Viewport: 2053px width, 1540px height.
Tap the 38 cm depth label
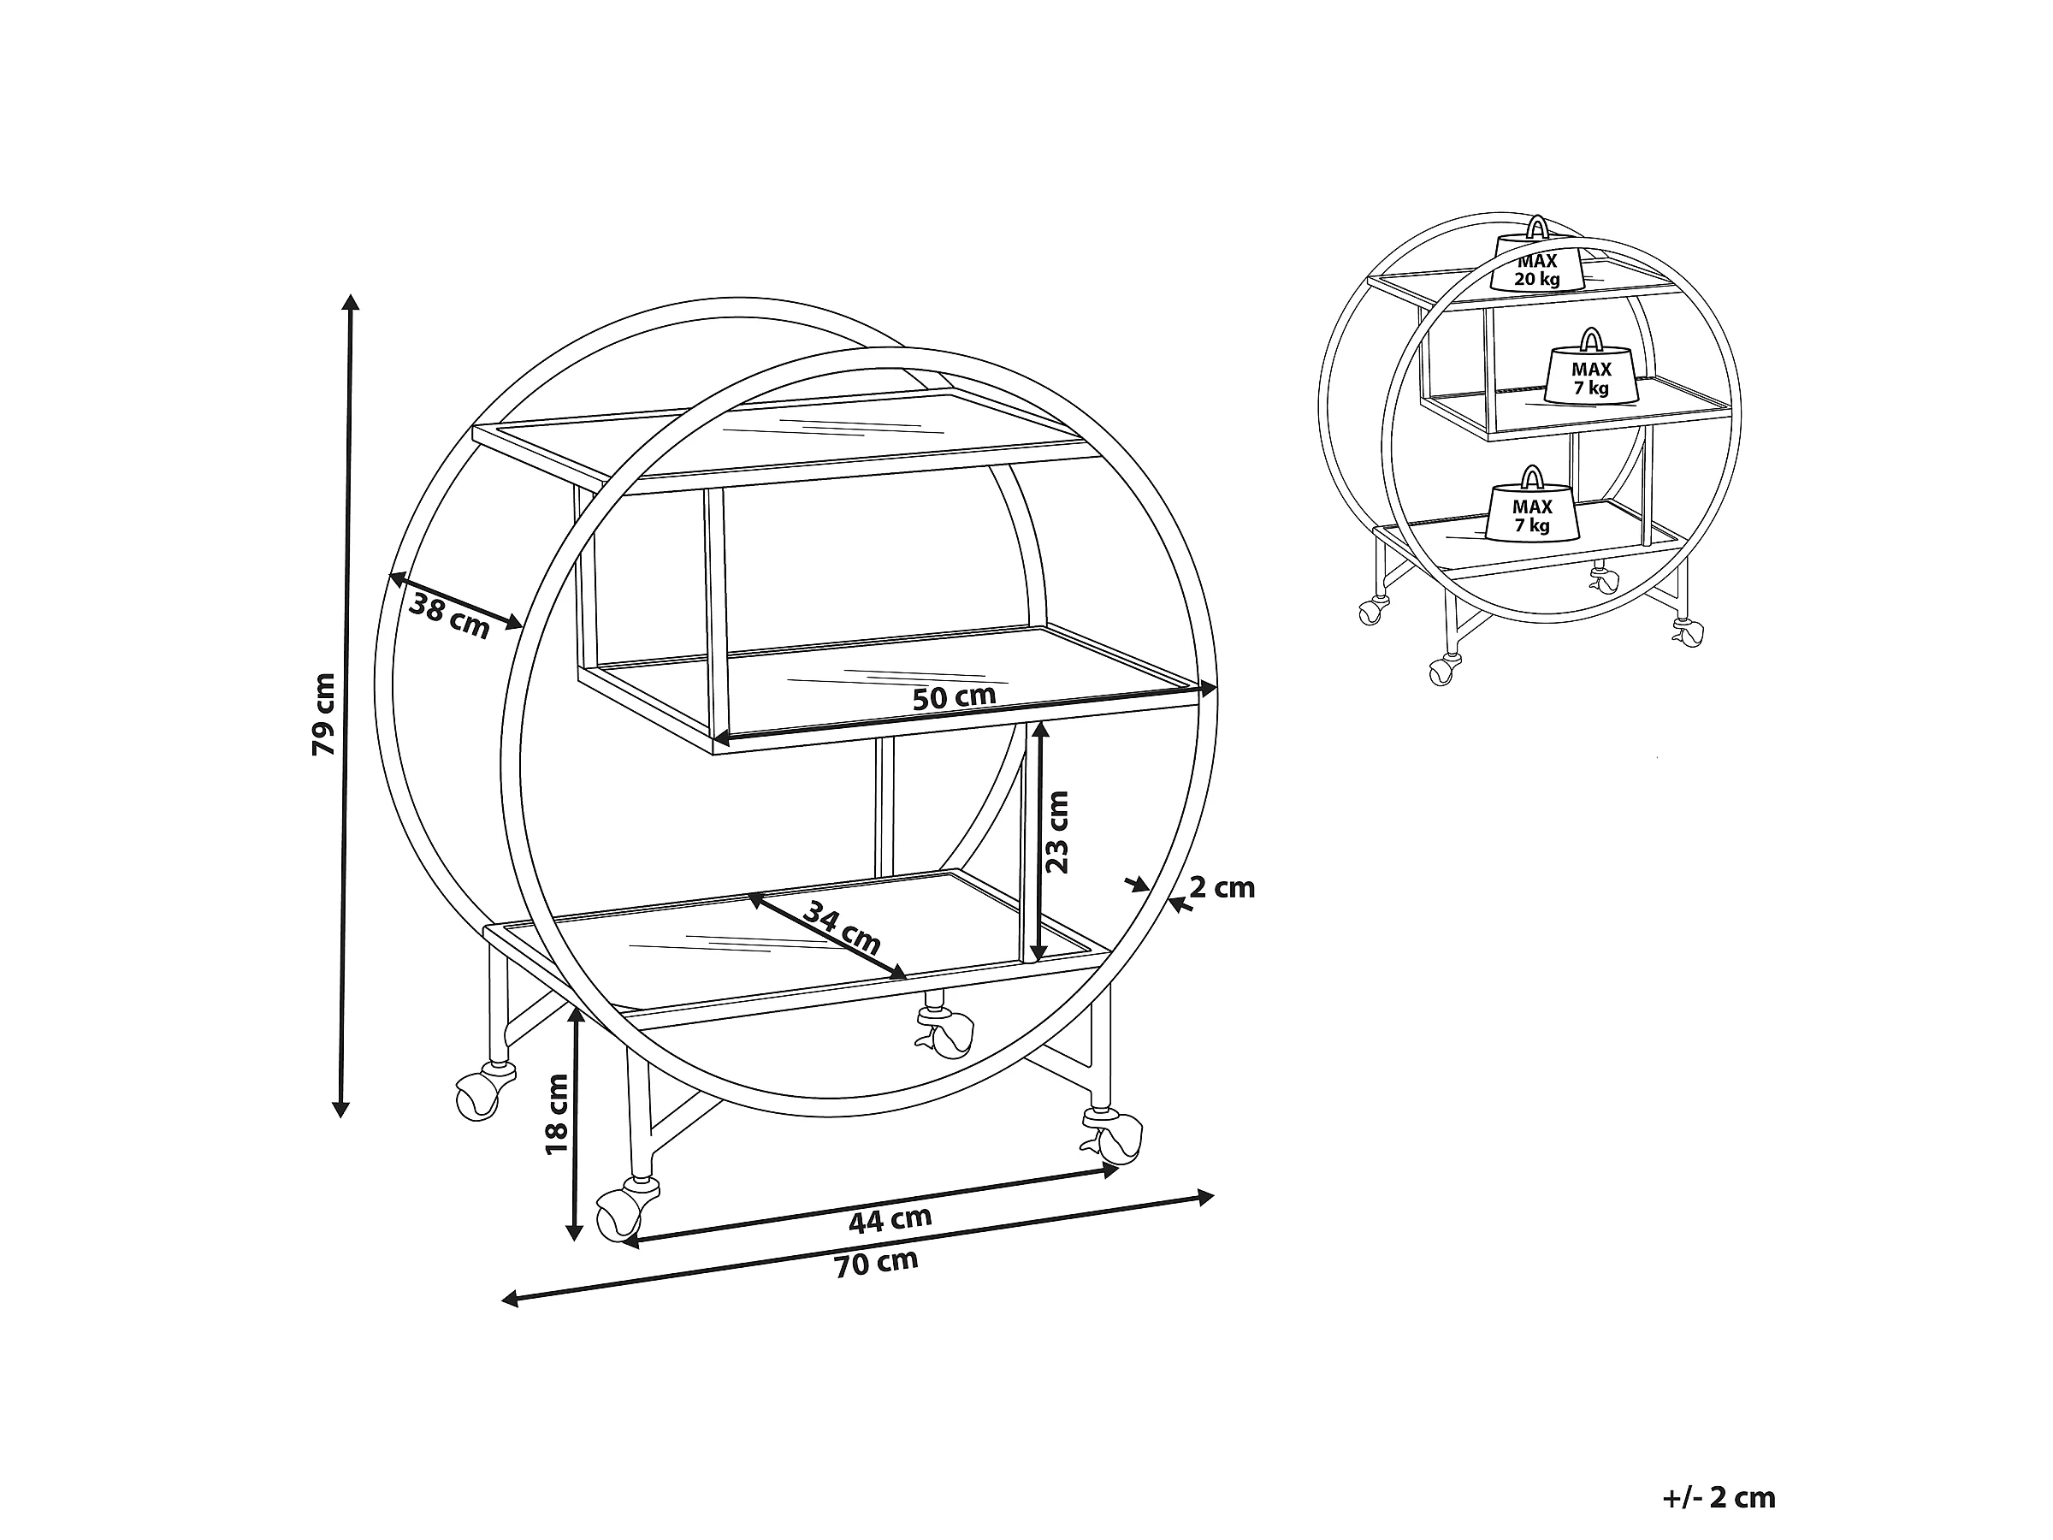point(449,615)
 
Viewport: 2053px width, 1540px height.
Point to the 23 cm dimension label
point(1057,832)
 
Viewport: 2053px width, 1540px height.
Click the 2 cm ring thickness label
point(1222,888)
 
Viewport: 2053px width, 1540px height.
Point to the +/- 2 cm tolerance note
point(1718,1446)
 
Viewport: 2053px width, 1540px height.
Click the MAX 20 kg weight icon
point(1537,264)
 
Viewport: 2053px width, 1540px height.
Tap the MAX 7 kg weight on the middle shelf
point(1591,374)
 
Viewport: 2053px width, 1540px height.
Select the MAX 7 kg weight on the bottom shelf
point(1532,512)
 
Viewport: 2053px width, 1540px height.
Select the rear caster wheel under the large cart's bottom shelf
point(950,1034)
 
